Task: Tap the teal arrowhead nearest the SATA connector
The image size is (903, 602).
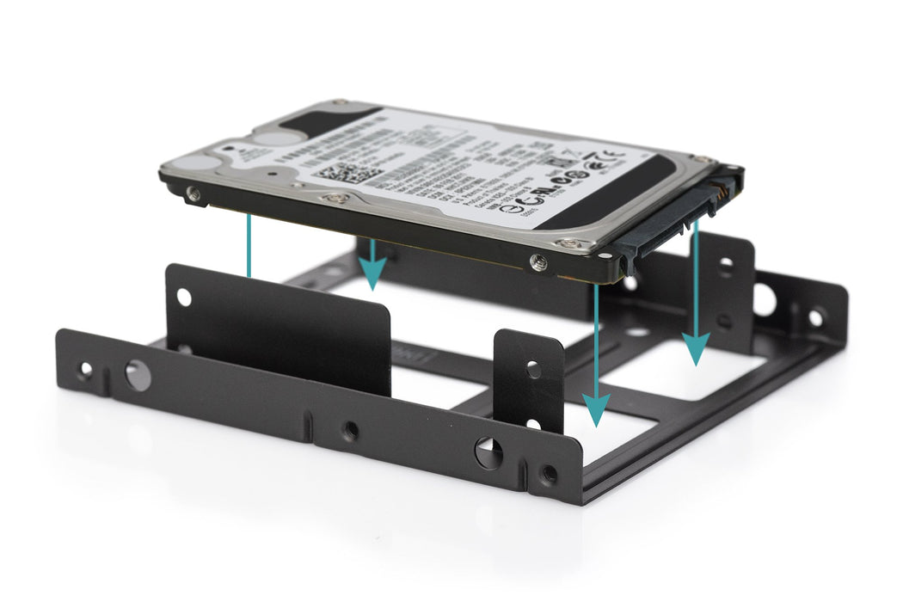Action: [696, 348]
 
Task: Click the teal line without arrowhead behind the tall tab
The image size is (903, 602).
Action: [249, 245]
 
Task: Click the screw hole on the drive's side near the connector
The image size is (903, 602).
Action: [539, 262]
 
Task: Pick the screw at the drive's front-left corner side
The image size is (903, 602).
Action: [195, 195]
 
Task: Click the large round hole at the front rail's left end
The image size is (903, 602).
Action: [137, 375]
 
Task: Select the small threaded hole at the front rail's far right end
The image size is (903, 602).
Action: [548, 473]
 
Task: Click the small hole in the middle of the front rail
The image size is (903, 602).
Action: [349, 430]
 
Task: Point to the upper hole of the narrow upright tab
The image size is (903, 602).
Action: [533, 369]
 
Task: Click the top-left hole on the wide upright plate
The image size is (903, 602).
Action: [184, 298]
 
